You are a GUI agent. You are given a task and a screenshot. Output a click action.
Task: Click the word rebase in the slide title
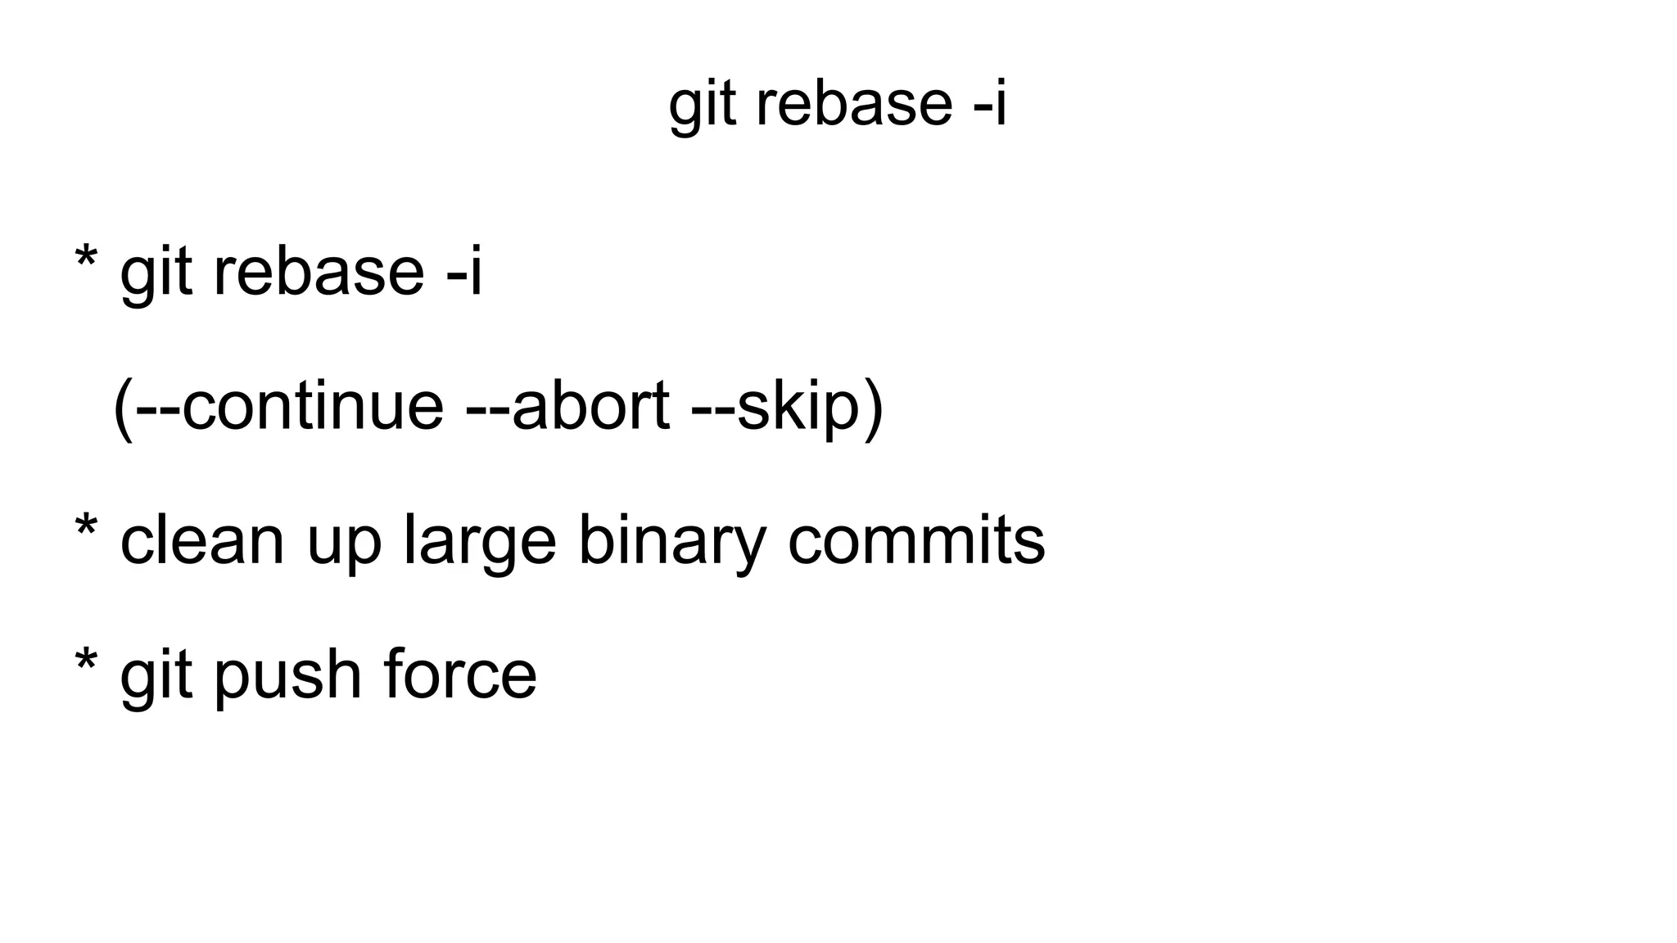coord(854,105)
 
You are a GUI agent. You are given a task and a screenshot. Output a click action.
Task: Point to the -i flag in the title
coord(990,105)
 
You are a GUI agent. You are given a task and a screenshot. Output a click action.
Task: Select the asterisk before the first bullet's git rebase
coord(85,260)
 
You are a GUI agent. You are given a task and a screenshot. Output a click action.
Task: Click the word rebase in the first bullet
coord(319,272)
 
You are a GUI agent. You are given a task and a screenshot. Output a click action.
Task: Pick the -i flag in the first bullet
coord(464,272)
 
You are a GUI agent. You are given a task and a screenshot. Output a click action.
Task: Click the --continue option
coord(289,406)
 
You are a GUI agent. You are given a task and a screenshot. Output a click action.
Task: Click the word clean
coord(202,540)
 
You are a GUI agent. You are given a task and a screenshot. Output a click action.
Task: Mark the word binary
coord(672,542)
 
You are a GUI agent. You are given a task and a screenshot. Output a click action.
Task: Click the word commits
coord(916,540)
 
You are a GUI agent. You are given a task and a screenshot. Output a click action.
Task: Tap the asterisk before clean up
coord(85,529)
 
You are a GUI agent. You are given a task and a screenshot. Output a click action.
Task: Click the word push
coord(287,676)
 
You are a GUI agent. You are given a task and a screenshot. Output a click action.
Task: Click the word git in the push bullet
coord(156,676)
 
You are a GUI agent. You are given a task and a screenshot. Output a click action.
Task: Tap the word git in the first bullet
coord(156,273)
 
